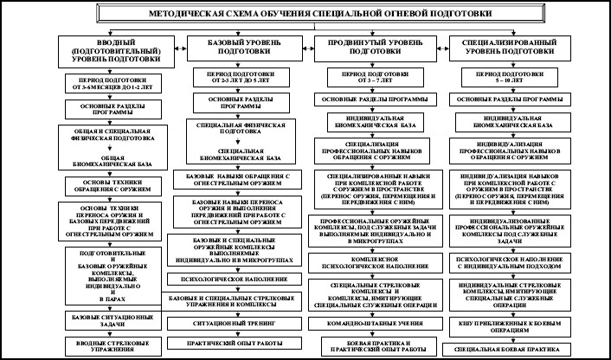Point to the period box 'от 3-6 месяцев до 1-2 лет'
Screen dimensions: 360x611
coord(108,84)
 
